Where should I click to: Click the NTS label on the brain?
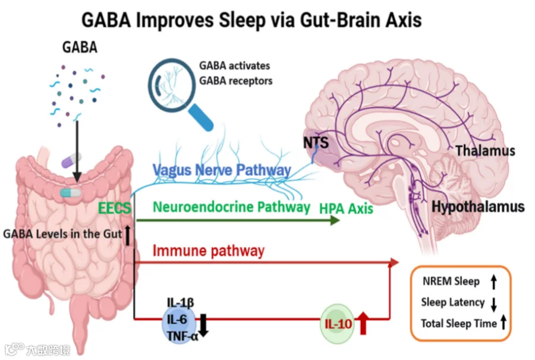click(x=316, y=143)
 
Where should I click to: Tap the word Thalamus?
click(x=485, y=151)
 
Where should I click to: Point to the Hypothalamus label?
click(x=478, y=207)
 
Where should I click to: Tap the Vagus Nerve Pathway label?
click(x=221, y=170)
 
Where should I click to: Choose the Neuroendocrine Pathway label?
click(x=231, y=207)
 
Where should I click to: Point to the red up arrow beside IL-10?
click(x=364, y=324)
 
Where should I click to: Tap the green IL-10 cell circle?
click(x=337, y=324)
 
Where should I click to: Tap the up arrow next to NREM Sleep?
click(x=493, y=282)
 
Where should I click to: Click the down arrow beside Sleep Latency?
click(x=493, y=303)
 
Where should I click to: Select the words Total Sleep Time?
click(x=458, y=324)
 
